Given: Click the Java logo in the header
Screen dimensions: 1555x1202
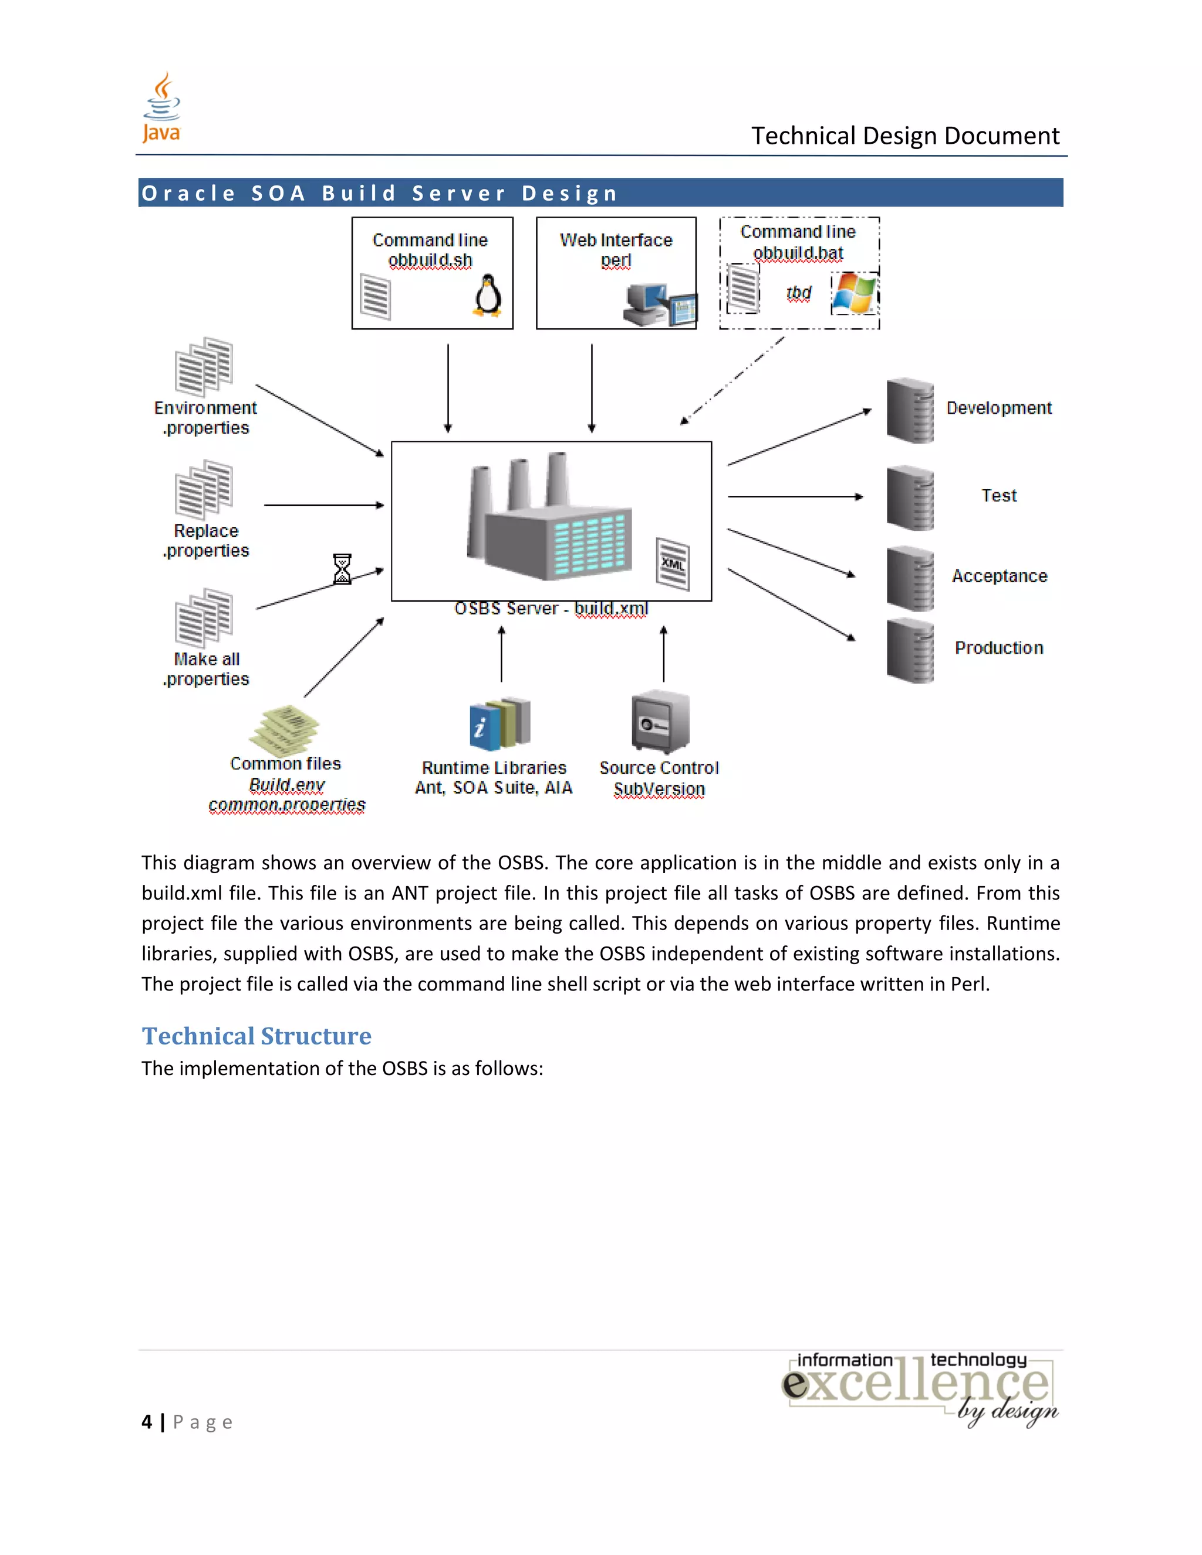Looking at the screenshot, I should (x=161, y=107).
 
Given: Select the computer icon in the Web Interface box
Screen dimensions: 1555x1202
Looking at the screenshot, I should (x=659, y=305).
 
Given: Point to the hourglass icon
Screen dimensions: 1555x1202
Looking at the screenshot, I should (x=343, y=569).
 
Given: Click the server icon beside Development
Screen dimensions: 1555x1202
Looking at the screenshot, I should (x=910, y=410).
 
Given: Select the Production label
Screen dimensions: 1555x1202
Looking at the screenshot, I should (x=998, y=648).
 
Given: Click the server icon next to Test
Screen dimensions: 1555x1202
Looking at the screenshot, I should (x=910, y=498).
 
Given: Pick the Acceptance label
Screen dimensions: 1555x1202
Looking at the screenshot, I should (x=999, y=576).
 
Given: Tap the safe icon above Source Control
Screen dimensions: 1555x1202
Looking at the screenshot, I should (x=660, y=721).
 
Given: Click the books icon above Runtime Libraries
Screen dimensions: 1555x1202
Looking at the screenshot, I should (x=500, y=724).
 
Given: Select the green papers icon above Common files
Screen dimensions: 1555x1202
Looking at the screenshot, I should (x=284, y=730).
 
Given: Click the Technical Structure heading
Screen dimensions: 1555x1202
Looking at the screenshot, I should (x=256, y=1036).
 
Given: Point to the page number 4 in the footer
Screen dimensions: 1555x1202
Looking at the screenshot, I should (x=147, y=1422).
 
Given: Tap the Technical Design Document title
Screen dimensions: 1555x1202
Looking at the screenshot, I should (x=905, y=136).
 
